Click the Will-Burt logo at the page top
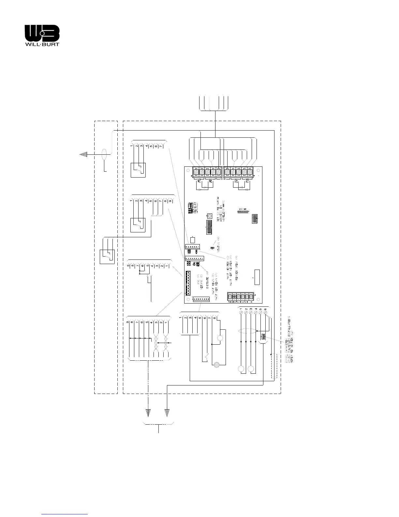[x=42, y=36]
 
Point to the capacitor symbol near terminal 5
[x=263, y=337]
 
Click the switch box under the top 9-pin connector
[x=138, y=225]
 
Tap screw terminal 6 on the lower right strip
[x=266, y=312]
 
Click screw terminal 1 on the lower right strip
[x=241, y=312]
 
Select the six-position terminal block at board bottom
[x=241, y=297]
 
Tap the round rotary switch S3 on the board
[x=211, y=216]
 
